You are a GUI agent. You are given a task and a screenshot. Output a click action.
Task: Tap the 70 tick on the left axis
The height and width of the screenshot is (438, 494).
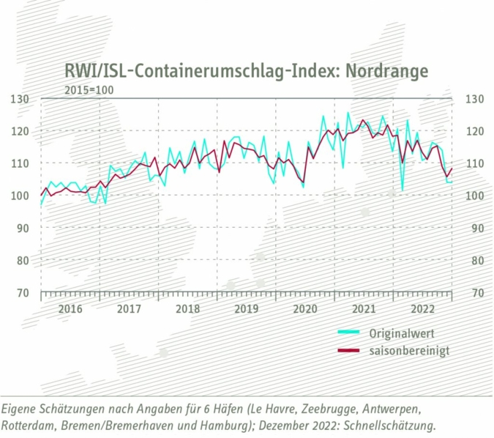(x=22, y=292)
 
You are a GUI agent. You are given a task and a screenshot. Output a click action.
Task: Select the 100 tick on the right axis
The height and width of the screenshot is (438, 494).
(x=471, y=196)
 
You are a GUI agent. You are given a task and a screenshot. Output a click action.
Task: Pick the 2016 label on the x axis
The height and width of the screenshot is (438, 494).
(x=70, y=309)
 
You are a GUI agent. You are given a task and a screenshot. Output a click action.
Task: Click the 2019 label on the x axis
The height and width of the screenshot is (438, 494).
(x=246, y=309)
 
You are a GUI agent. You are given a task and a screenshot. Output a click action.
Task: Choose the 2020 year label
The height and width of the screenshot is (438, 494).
(x=304, y=309)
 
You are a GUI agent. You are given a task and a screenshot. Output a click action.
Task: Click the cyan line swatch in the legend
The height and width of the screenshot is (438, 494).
(x=348, y=333)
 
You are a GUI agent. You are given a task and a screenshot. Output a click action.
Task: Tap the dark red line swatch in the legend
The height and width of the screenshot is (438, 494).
(x=348, y=351)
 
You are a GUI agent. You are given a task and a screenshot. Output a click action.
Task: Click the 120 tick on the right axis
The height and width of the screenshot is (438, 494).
(x=471, y=131)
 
